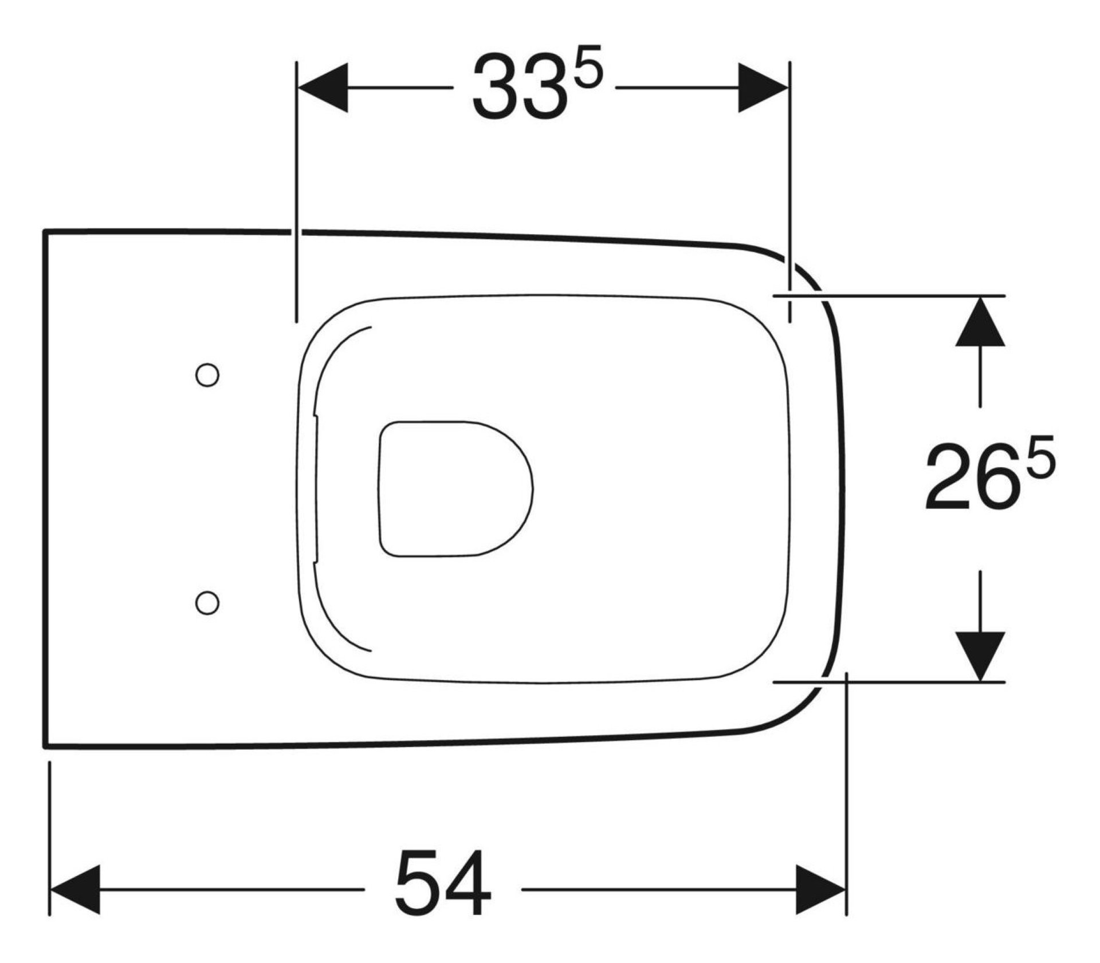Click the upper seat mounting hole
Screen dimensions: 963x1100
(207, 376)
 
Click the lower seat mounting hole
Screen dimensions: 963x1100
(207, 602)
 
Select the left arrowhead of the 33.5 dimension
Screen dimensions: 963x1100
(322, 88)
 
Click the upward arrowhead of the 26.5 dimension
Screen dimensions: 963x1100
(980, 323)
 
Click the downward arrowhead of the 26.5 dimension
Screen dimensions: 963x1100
(980, 655)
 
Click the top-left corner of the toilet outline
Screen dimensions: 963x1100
(46, 231)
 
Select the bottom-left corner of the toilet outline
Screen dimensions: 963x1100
(46, 747)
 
